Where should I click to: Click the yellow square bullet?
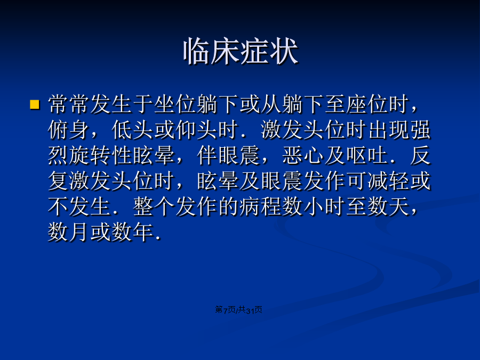coord(35,105)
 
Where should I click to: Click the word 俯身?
coord(69,130)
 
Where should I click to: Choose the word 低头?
coord(133,130)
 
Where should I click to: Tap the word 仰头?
coord(196,130)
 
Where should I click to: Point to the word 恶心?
coord(303,155)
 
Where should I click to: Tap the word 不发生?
coord(79,206)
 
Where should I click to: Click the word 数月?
coord(69,232)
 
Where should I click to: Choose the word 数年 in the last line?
coord(133,232)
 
